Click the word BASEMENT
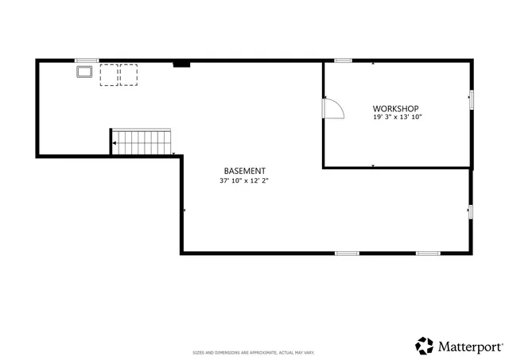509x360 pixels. pyautogui.click(x=244, y=171)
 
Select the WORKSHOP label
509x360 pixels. pyautogui.click(x=395, y=108)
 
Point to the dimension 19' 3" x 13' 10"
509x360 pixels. pyautogui.click(x=397, y=117)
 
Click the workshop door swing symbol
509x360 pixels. pyautogui.click(x=332, y=108)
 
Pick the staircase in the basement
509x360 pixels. pyautogui.click(x=142, y=142)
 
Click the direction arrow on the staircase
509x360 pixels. pyautogui.click(x=115, y=143)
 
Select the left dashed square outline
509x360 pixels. pyautogui.click(x=109, y=75)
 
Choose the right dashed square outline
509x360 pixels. pyautogui.click(x=128, y=75)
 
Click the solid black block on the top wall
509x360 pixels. pyautogui.click(x=181, y=64)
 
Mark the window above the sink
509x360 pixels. pyautogui.click(x=86, y=60)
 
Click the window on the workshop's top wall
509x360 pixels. pyautogui.click(x=344, y=60)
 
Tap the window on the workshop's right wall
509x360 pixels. pyautogui.click(x=471, y=99)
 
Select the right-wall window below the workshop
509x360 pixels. pyautogui.click(x=471, y=211)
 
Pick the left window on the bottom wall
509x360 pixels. pyautogui.click(x=347, y=254)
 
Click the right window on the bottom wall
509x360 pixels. pyautogui.click(x=428, y=254)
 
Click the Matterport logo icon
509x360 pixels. pyautogui.click(x=424, y=346)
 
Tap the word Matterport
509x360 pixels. pyautogui.click(x=469, y=346)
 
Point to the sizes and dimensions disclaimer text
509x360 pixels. pyautogui.click(x=254, y=352)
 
